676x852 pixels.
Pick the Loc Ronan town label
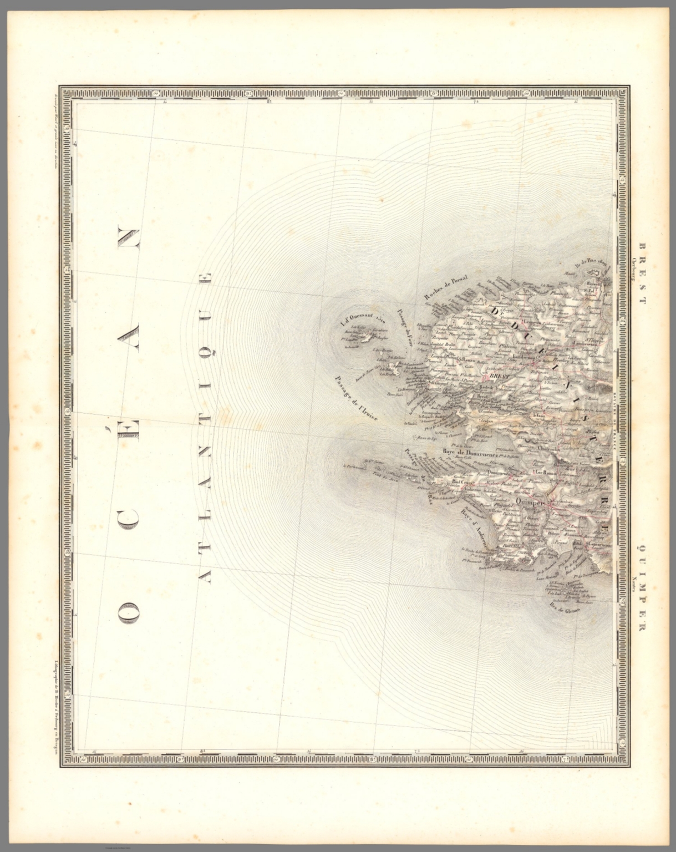point(546,473)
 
